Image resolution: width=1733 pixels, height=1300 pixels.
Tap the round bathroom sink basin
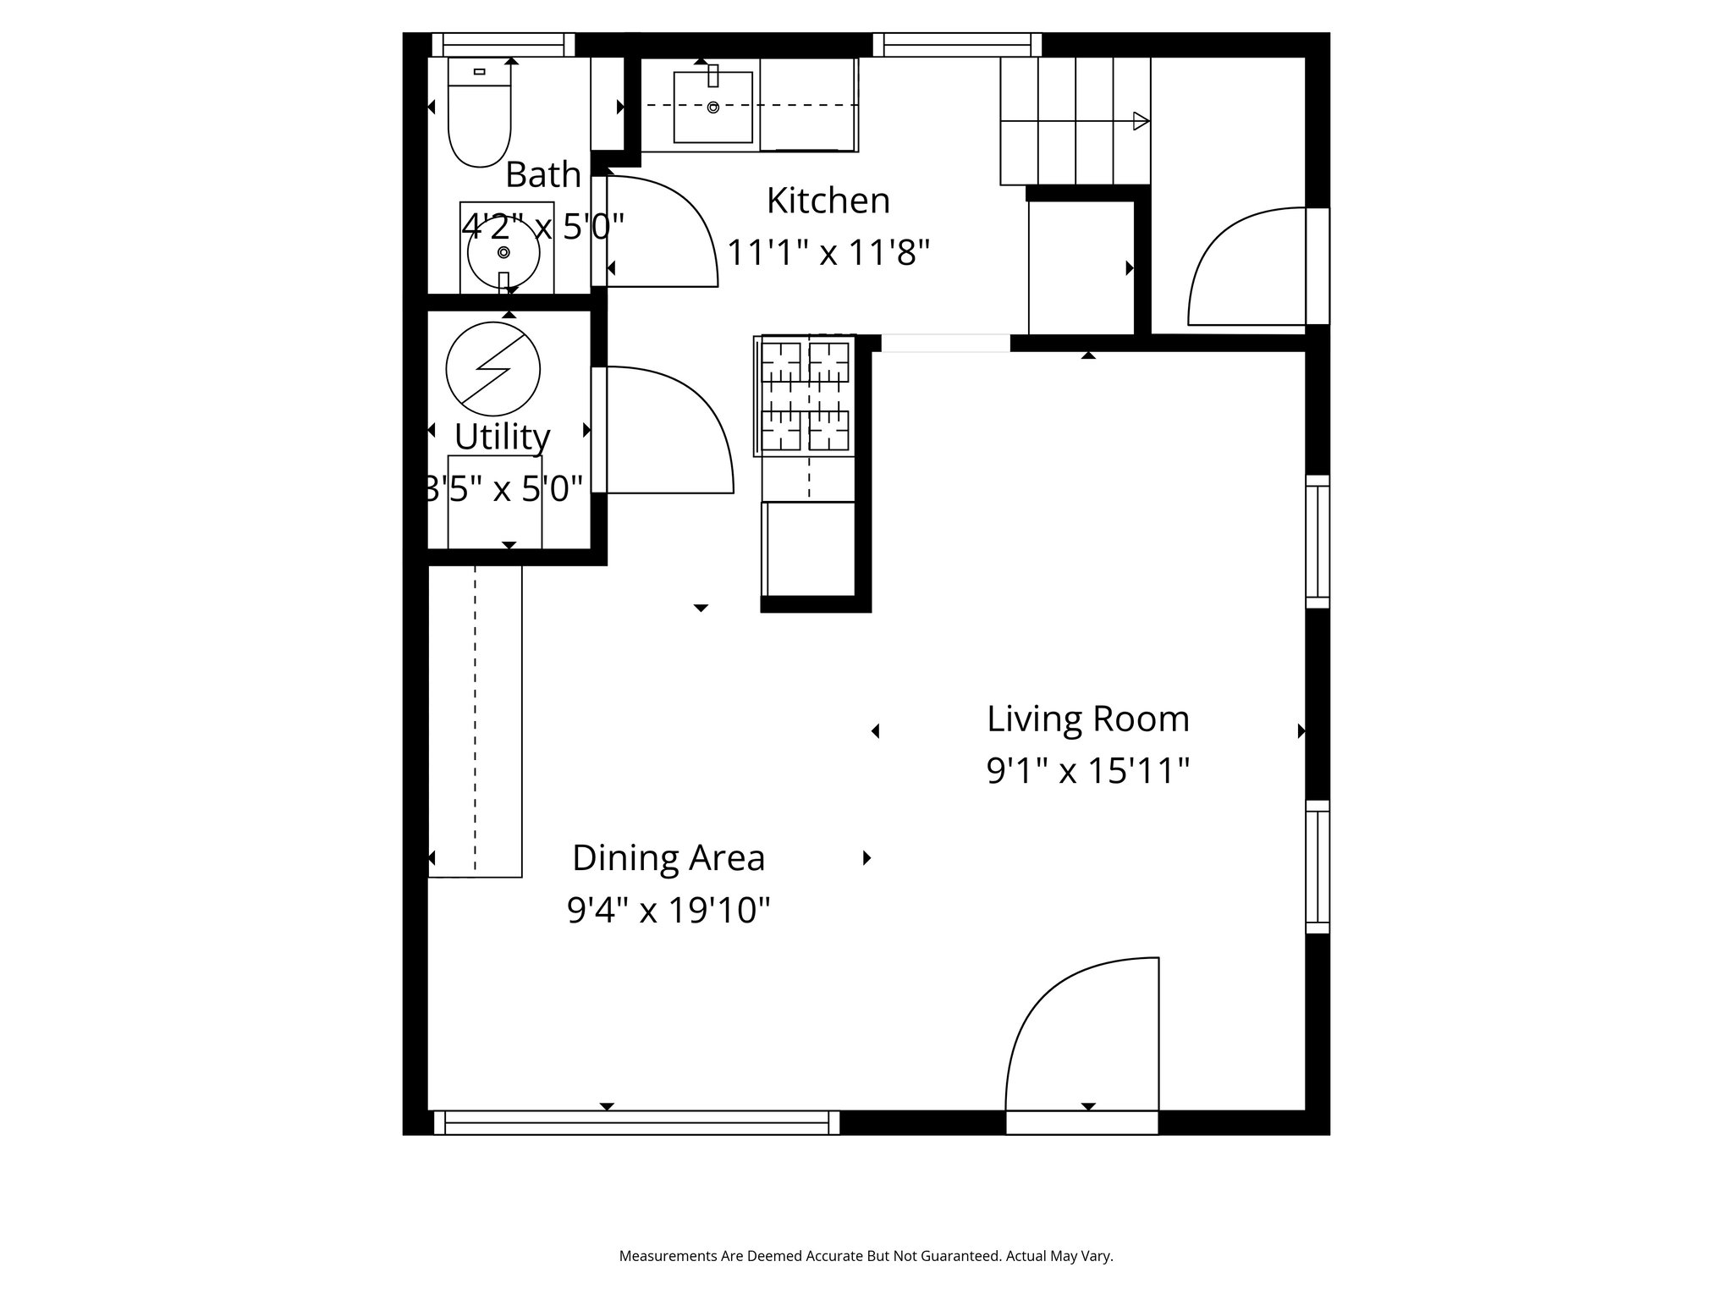(503, 252)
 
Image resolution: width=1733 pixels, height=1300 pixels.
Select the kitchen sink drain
(713, 107)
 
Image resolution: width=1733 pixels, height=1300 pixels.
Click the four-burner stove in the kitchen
(805, 395)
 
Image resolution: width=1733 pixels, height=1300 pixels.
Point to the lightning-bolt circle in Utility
(493, 368)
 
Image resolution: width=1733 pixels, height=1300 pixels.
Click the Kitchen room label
(828, 201)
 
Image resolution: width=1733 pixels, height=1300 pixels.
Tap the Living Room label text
(1088, 719)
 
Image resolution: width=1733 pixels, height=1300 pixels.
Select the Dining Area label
(668, 857)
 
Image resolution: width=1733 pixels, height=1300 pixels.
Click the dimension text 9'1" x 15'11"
(1088, 771)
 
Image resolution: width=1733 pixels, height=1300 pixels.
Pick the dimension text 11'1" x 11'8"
(828, 252)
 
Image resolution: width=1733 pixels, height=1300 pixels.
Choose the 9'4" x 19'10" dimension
(668, 911)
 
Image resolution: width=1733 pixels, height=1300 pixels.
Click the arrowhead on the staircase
(1142, 121)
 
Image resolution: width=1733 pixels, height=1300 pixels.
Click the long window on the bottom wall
(636, 1122)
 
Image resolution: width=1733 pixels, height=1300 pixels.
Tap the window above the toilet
(503, 45)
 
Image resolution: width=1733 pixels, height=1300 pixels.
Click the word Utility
(503, 437)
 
